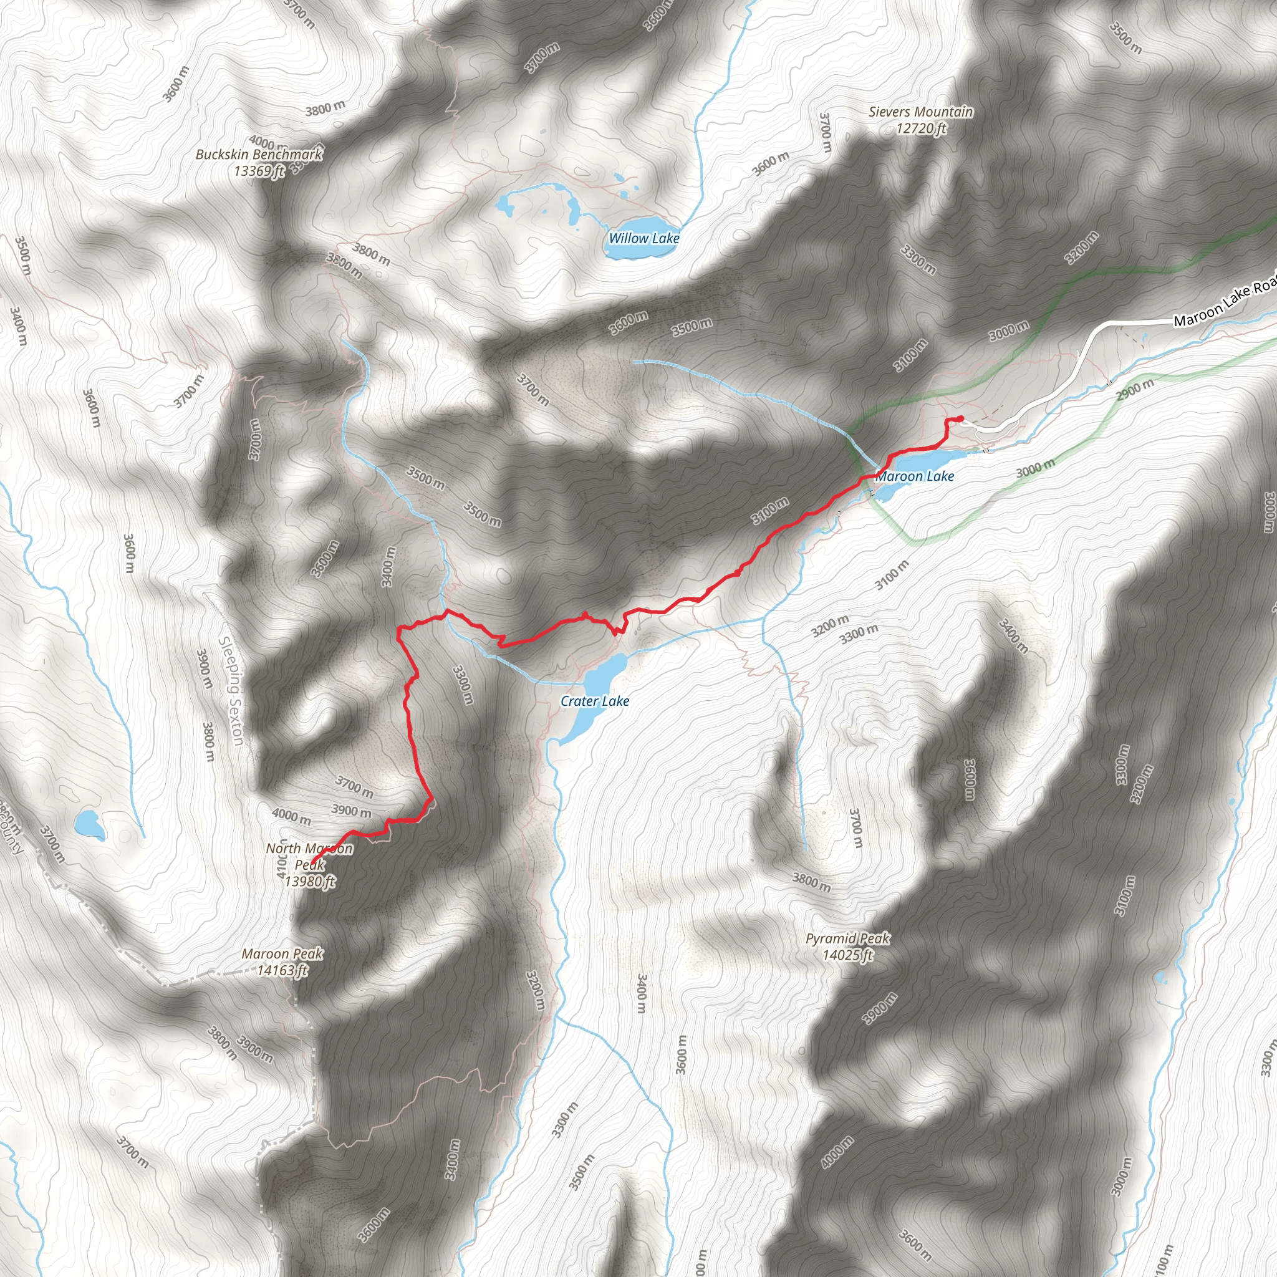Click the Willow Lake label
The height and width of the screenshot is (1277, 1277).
coord(643,238)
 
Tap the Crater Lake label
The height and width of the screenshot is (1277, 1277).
coord(594,701)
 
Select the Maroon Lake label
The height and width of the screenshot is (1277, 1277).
coord(915,476)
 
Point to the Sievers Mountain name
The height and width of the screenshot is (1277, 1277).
coord(921,112)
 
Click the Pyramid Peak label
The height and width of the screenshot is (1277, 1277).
coord(847,938)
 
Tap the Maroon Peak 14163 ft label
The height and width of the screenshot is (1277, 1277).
coord(282,961)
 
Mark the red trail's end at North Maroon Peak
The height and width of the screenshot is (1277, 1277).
coord(312,865)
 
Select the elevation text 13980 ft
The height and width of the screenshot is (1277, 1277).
coord(310,882)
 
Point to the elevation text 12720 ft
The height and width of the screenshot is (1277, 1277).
coord(921,128)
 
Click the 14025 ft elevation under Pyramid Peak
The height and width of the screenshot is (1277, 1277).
coord(847,955)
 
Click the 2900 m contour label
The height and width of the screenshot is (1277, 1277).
coord(1135,390)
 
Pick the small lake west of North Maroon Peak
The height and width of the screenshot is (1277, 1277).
coord(89,824)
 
